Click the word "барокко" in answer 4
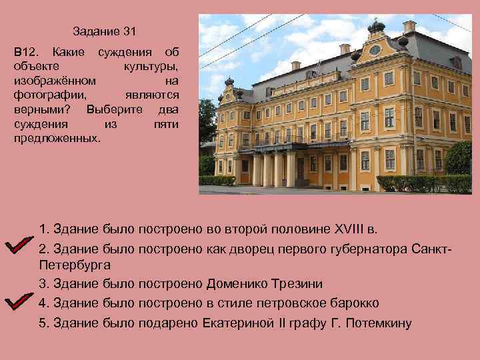pyautogui.click(x=353, y=303)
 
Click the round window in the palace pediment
pyautogui.click(x=375, y=51)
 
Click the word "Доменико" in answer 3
pyautogui.click(x=239, y=284)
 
